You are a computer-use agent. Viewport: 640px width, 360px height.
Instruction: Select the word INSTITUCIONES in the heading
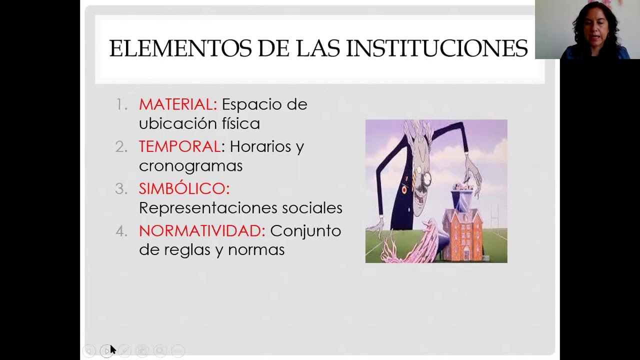pos(436,48)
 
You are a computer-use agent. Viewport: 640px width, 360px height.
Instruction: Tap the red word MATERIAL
pos(177,104)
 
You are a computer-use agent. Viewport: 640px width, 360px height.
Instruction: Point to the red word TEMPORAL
pos(179,146)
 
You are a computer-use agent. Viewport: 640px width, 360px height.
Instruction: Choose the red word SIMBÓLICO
pos(183,188)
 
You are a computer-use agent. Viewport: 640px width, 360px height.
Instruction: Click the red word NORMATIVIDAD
pos(201,230)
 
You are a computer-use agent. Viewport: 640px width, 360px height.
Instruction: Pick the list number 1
pos(120,104)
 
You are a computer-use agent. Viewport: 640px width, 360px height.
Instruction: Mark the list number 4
pos(121,230)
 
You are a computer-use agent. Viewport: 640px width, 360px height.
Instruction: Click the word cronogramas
pos(190,165)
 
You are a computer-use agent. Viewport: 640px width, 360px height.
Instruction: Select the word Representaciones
pos(208,208)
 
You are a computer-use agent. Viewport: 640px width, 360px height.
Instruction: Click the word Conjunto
pos(305,230)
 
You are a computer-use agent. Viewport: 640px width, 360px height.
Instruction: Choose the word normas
pos(256,249)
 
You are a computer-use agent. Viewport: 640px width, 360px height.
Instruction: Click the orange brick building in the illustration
pos(463,230)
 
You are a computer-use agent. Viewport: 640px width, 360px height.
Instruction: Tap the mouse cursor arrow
pos(112,349)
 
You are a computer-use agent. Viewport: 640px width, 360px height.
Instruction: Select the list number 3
pos(120,188)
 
